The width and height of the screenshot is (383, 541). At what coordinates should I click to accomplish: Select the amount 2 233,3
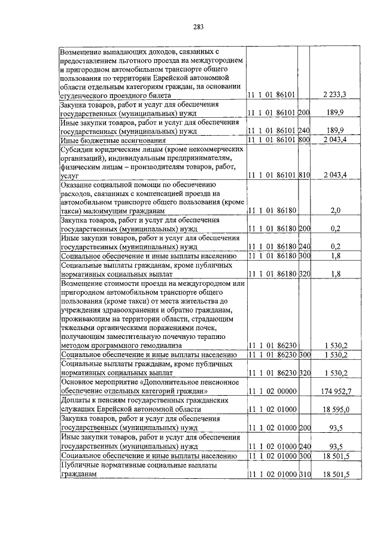click(335, 94)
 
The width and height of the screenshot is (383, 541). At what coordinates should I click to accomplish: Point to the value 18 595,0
click(335, 409)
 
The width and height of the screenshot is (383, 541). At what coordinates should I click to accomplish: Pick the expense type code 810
click(303, 174)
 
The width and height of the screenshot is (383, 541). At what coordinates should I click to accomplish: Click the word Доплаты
click(77, 401)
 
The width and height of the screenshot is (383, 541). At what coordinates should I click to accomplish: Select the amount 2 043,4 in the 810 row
click(335, 174)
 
